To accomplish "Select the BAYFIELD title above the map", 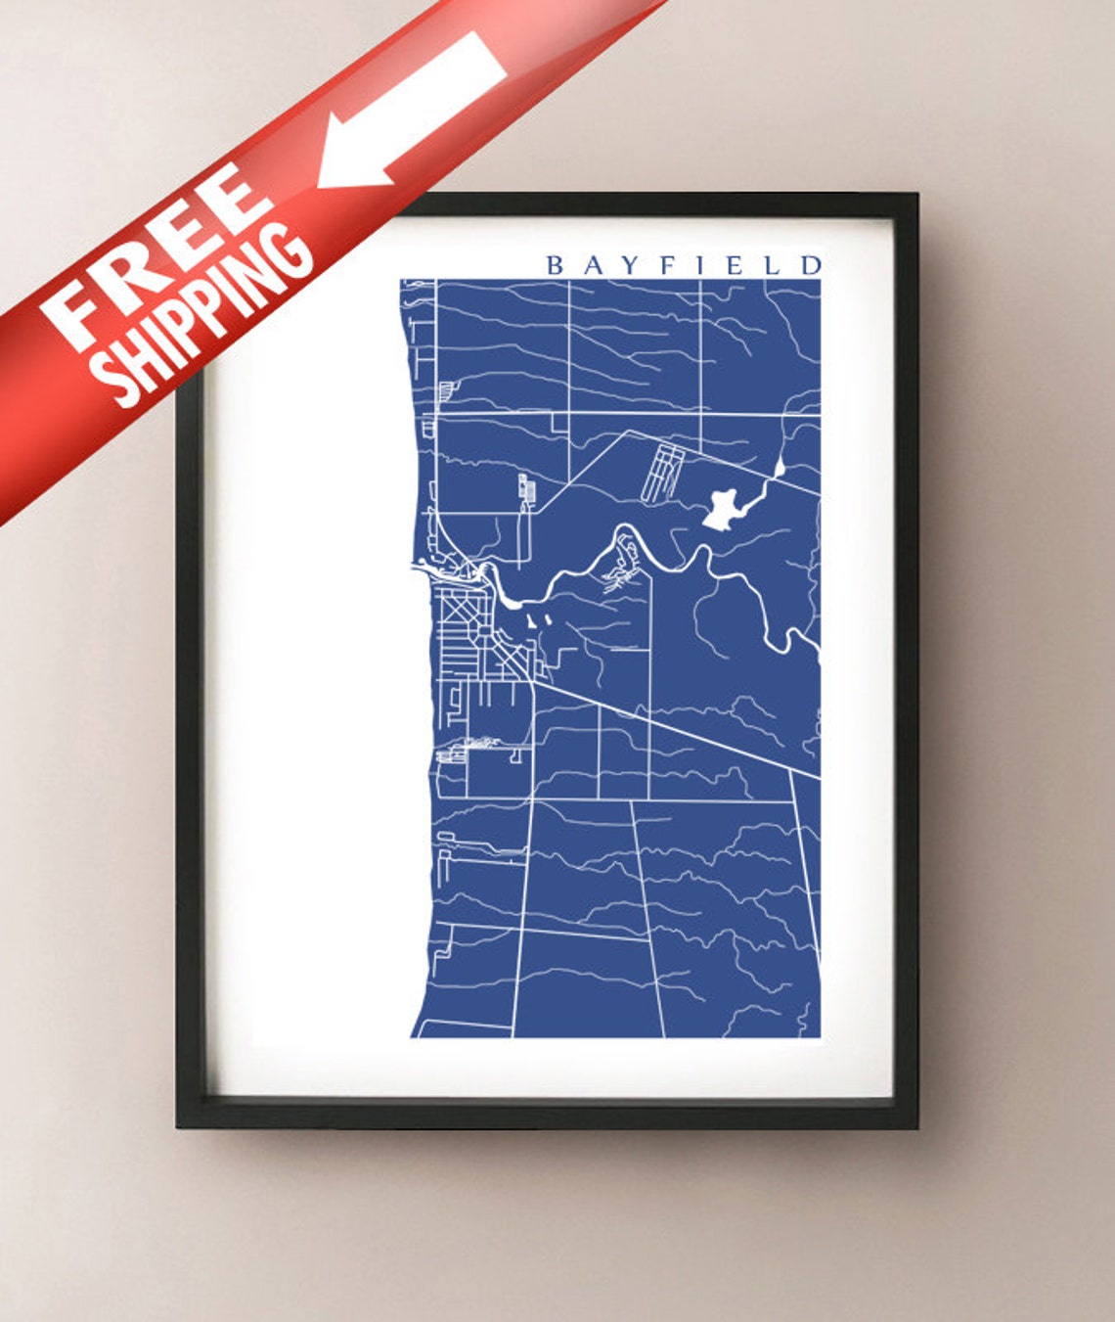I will (x=683, y=265).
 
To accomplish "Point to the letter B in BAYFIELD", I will (x=555, y=265).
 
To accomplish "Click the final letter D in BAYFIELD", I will (x=811, y=265).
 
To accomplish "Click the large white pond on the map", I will (x=725, y=507).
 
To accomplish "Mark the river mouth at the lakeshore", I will (x=423, y=562).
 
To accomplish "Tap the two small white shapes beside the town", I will (x=538, y=620).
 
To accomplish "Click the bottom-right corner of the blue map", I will (x=819, y=1036).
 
